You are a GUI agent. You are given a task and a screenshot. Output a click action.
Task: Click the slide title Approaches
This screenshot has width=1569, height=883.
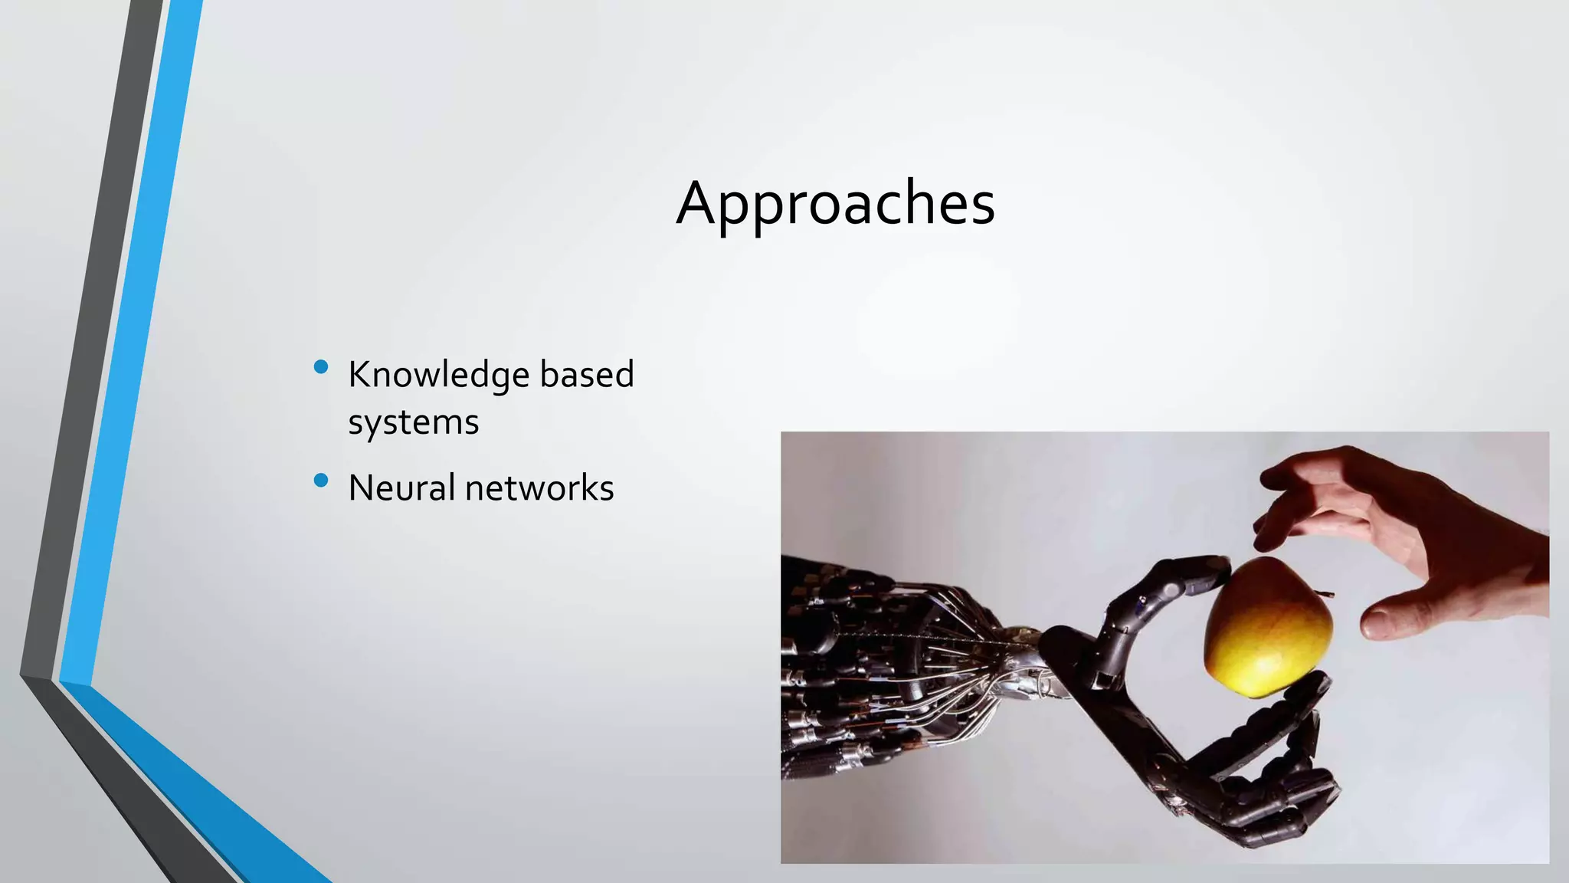tap(835, 203)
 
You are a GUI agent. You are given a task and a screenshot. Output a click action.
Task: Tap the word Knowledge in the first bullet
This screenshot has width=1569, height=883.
tap(438, 376)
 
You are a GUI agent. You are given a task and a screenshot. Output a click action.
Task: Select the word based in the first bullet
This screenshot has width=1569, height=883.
tap(587, 374)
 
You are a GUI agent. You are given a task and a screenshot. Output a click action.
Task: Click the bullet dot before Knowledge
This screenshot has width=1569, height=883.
tap(321, 367)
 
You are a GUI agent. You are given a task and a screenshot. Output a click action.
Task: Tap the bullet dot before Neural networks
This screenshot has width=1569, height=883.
tap(321, 481)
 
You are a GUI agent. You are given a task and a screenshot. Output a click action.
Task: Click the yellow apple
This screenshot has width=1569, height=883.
tap(1268, 627)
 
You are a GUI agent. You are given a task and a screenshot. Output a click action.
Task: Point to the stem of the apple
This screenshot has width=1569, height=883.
tap(1325, 592)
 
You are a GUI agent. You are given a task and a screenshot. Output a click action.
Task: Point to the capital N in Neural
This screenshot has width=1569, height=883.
tap(362, 487)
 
